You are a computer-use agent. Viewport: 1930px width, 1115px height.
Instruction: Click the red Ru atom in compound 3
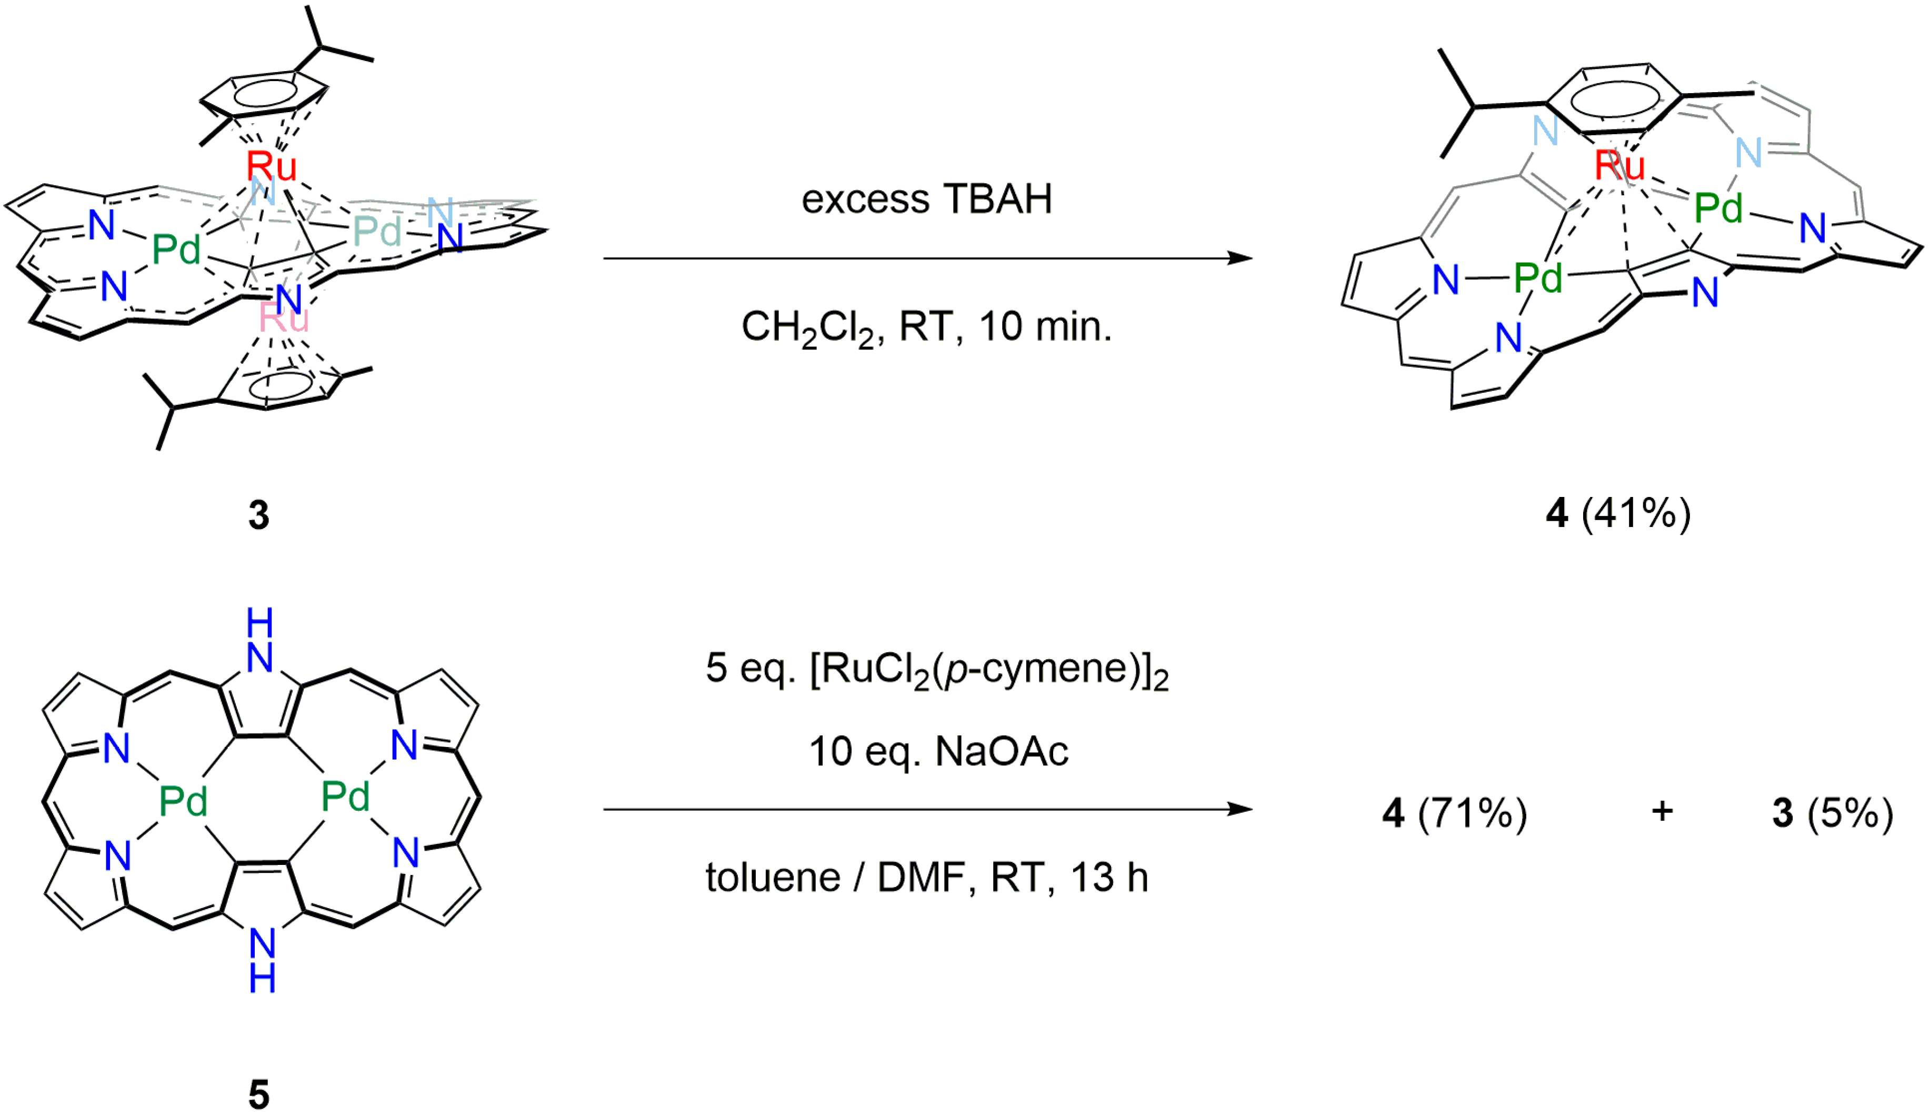(x=271, y=165)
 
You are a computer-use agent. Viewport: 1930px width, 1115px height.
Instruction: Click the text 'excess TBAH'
(x=926, y=199)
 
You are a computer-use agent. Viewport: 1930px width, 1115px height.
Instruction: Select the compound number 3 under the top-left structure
(x=259, y=515)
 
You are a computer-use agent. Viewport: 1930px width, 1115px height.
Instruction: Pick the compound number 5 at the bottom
(x=259, y=1095)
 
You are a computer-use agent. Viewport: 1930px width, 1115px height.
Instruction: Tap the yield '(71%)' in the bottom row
(x=1472, y=812)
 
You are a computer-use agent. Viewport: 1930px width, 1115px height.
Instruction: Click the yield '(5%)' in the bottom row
(x=1851, y=812)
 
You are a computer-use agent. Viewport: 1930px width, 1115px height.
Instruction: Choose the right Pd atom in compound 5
(x=345, y=797)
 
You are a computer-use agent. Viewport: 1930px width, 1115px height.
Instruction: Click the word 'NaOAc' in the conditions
(x=1002, y=751)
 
